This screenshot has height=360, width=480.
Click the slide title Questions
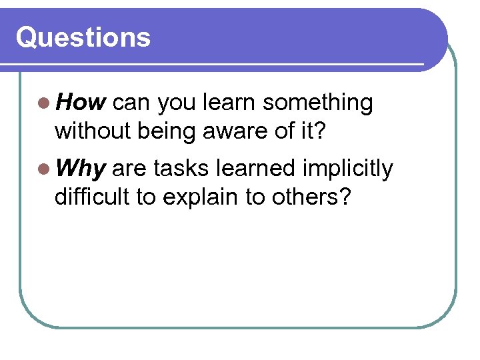[x=83, y=37]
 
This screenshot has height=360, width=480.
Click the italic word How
[x=81, y=103]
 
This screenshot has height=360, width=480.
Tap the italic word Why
[x=81, y=169]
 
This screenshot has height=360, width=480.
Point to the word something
[x=317, y=103]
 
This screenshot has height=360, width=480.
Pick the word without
[x=93, y=131]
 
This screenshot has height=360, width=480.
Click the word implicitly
[x=347, y=170]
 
